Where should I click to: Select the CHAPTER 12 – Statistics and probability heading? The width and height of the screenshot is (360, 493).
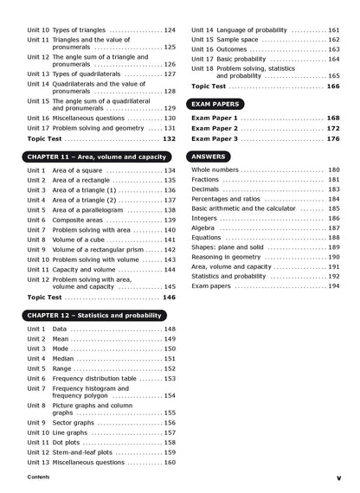[94, 316]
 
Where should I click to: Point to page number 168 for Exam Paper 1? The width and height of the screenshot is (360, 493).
[333, 118]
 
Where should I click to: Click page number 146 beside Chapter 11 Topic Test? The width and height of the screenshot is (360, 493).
[169, 297]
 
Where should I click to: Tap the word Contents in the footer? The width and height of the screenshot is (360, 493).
[38, 477]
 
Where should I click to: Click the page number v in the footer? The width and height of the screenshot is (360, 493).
[338, 477]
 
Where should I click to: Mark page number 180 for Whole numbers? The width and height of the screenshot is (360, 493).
[334, 170]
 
